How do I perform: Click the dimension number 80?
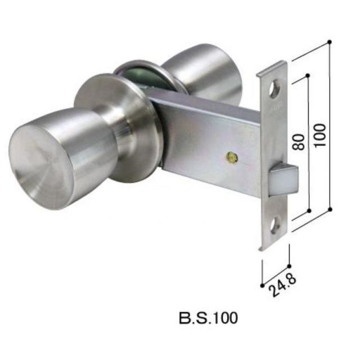click(299, 142)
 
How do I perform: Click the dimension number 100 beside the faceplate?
click(320, 136)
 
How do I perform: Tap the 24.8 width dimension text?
click(282, 285)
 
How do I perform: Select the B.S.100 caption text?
click(208, 318)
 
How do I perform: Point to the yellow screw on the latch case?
click(231, 157)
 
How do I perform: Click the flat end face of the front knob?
click(40, 168)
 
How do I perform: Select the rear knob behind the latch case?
click(204, 74)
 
